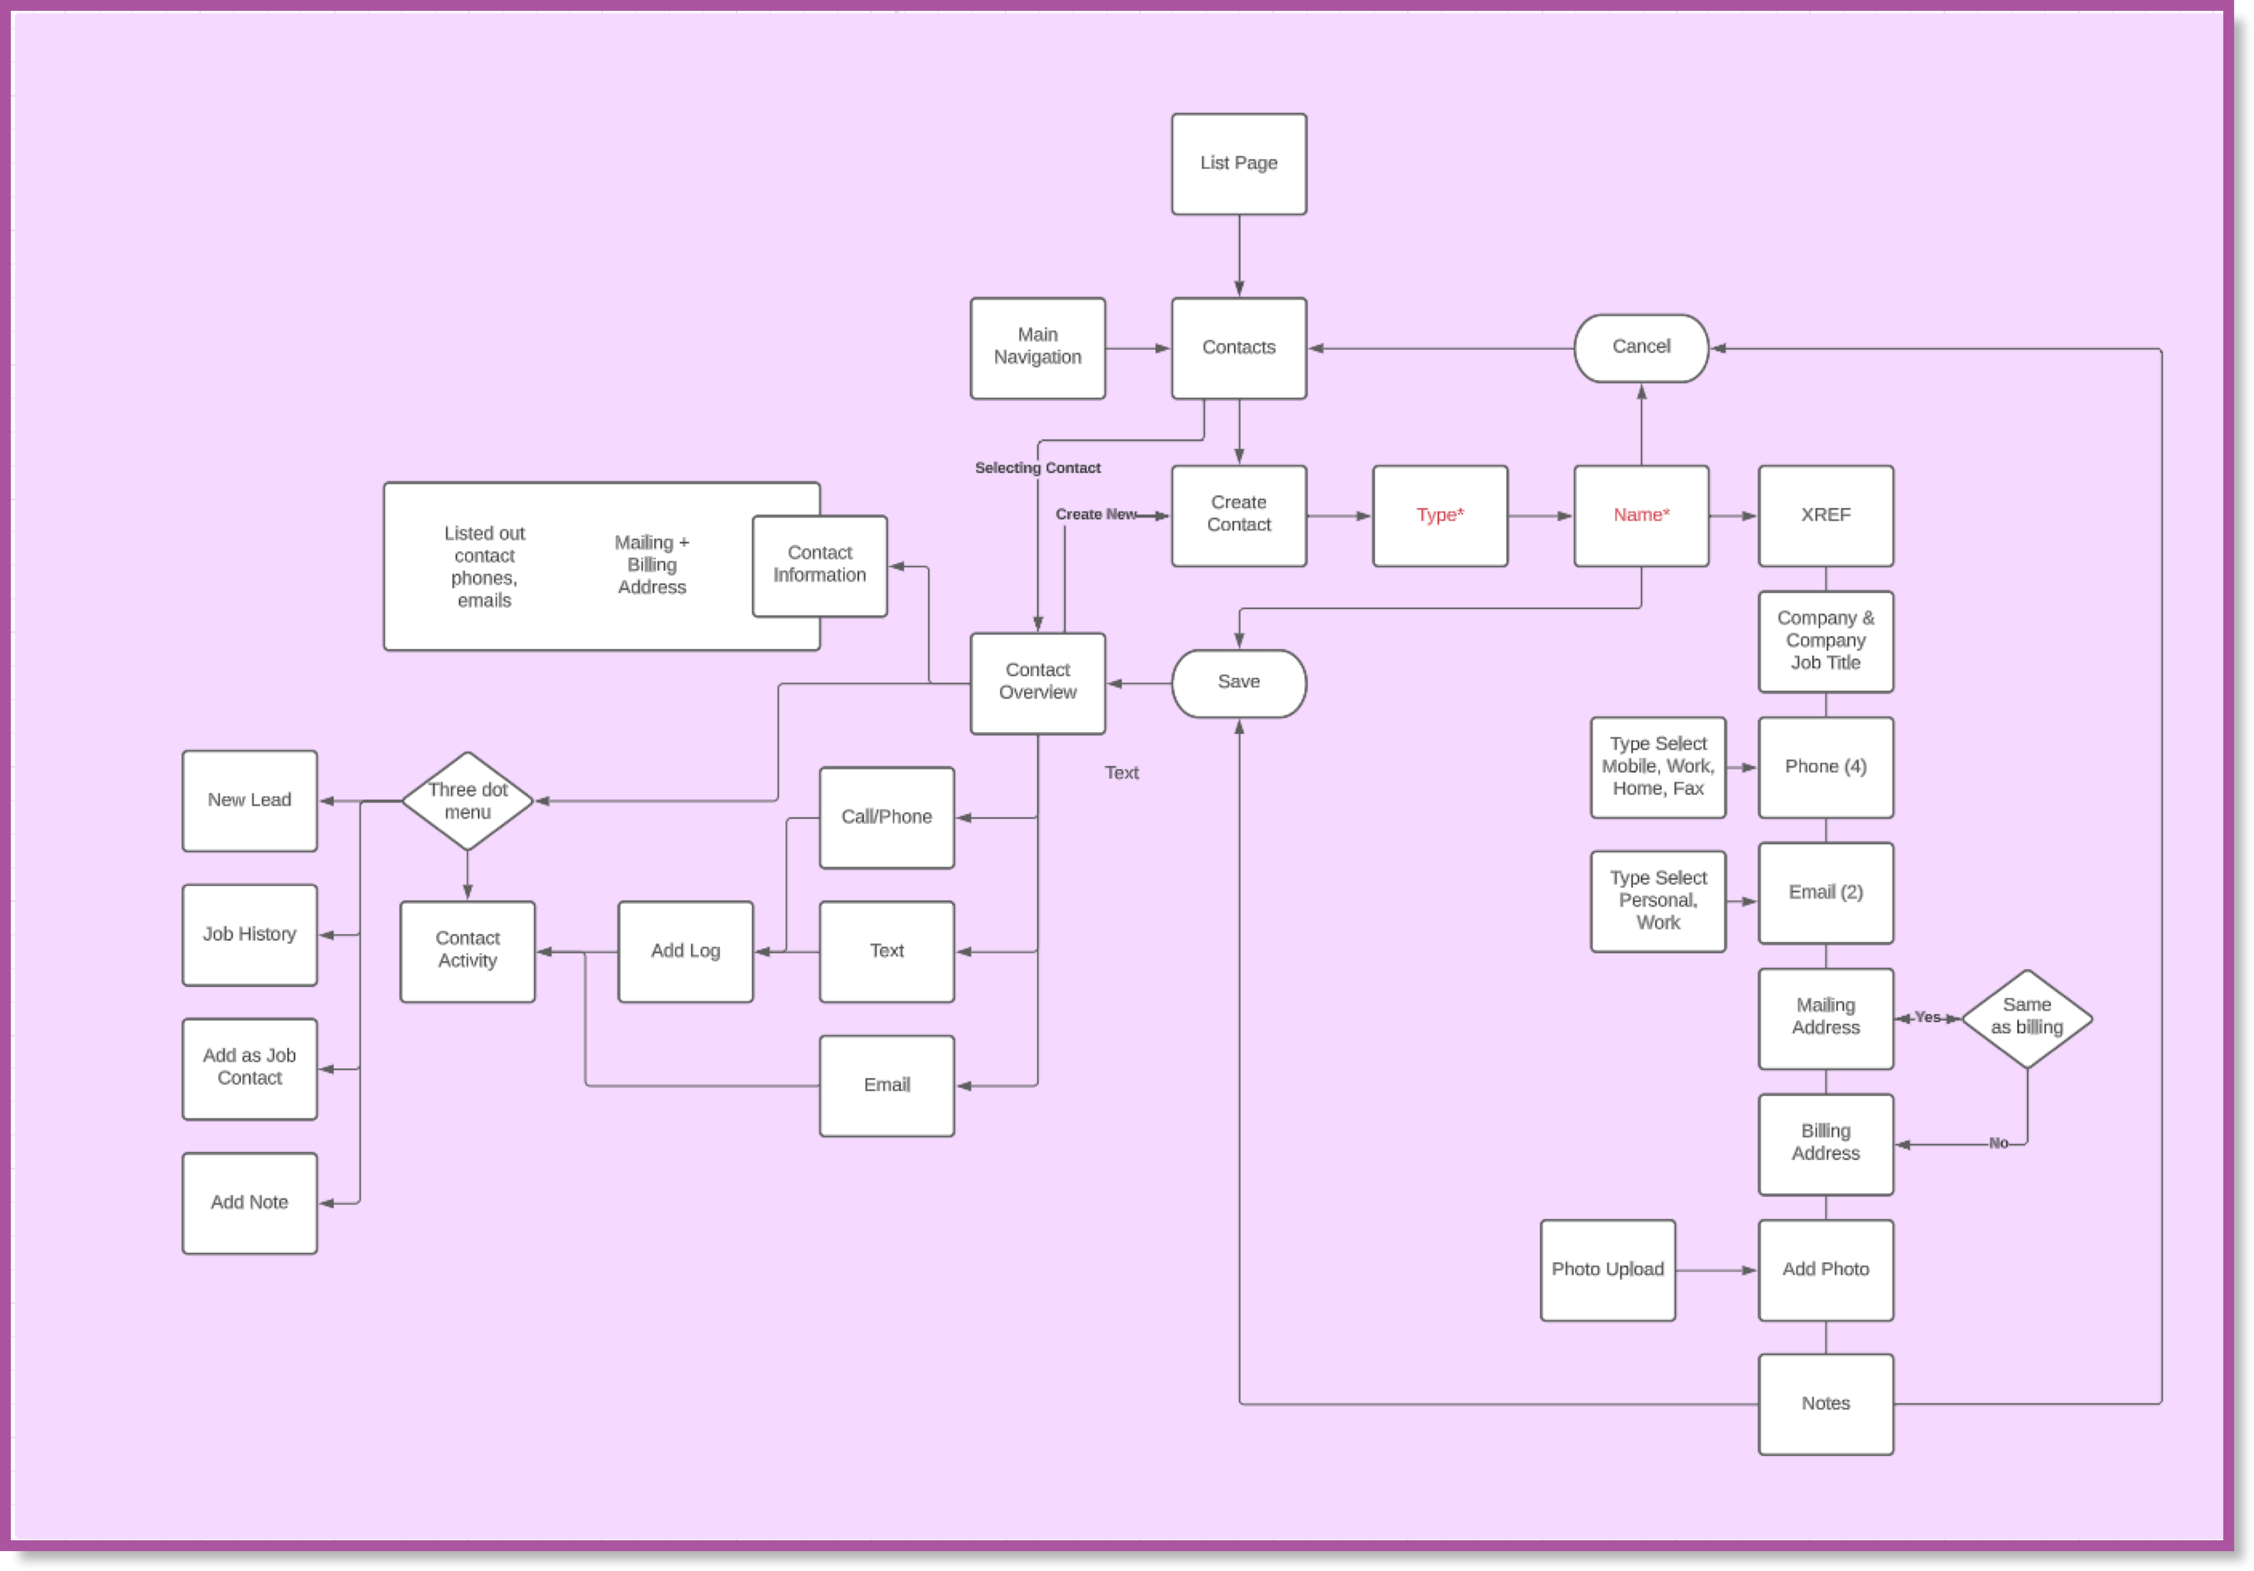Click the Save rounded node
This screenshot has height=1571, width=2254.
tap(1238, 682)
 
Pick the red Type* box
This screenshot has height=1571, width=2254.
tap(1439, 515)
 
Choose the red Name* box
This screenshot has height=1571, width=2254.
tap(1641, 515)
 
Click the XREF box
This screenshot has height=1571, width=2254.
tap(1825, 515)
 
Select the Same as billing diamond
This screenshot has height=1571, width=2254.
tap(2026, 1017)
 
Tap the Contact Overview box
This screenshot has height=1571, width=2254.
tap(1037, 682)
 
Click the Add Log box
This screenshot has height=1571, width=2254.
tap(685, 950)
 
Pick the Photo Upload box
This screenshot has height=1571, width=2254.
tap(1607, 1270)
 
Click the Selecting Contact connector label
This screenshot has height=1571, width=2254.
tap(1037, 468)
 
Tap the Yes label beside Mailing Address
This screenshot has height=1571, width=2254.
tap(1927, 1017)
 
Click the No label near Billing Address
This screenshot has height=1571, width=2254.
tap(1998, 1143)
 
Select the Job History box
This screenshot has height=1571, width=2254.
tap(249, 934)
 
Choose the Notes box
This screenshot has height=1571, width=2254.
tap(1825, 1403)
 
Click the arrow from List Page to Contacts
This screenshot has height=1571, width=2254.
tap(1239, 256)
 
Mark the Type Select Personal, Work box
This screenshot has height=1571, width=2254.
tap(1657, 900)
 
